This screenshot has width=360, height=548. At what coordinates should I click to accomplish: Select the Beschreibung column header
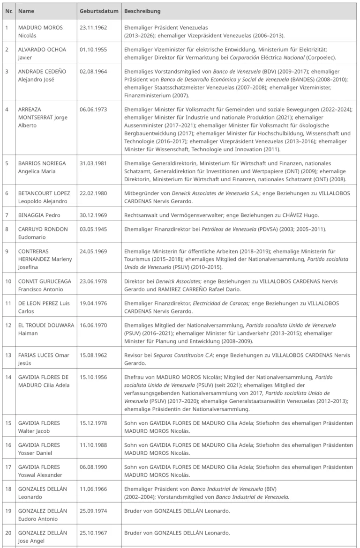[x=142, y=11]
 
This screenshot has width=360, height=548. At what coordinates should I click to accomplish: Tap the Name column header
[x=26, y=11]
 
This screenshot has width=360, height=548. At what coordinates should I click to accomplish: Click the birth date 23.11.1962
[x=93, y=28]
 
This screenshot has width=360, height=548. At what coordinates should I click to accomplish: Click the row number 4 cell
[x=7, y=109]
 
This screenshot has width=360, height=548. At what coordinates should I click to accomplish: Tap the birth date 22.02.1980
[x=93, y=193]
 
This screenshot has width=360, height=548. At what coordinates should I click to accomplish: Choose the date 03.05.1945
[x=93, y=229]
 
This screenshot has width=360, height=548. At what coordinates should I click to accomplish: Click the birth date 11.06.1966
[x=93, y=489]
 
